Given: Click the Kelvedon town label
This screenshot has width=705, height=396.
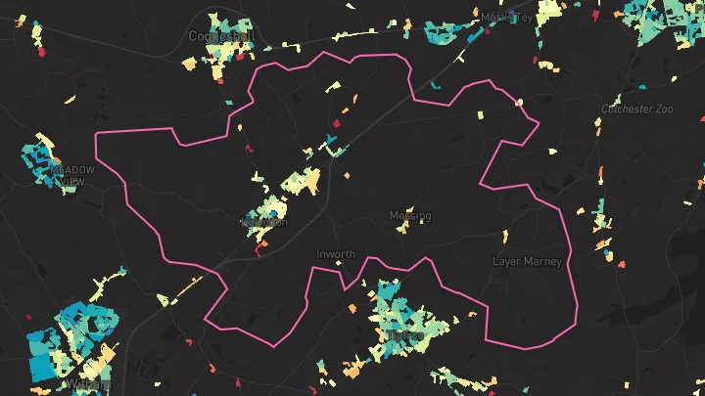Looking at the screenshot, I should [264, 222].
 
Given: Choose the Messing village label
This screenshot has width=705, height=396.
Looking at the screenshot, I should [409, 215].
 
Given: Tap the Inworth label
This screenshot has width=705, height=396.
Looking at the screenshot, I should [336, 254].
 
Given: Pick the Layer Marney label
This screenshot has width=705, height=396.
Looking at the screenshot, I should [527, 261].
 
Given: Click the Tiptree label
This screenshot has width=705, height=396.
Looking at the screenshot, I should [404, 335].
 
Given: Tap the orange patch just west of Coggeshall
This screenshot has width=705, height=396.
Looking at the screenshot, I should [189, 64].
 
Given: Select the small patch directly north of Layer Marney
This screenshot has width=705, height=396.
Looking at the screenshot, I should [503, 236].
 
